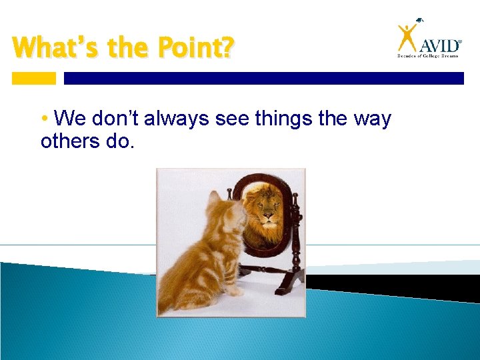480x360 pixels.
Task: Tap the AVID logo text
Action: [x=439, y=45]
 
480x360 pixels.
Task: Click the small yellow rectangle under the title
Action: [x=34, y=78]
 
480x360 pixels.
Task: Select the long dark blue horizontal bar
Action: [x=263, y=78]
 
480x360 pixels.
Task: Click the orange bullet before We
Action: [x=44, y=119]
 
